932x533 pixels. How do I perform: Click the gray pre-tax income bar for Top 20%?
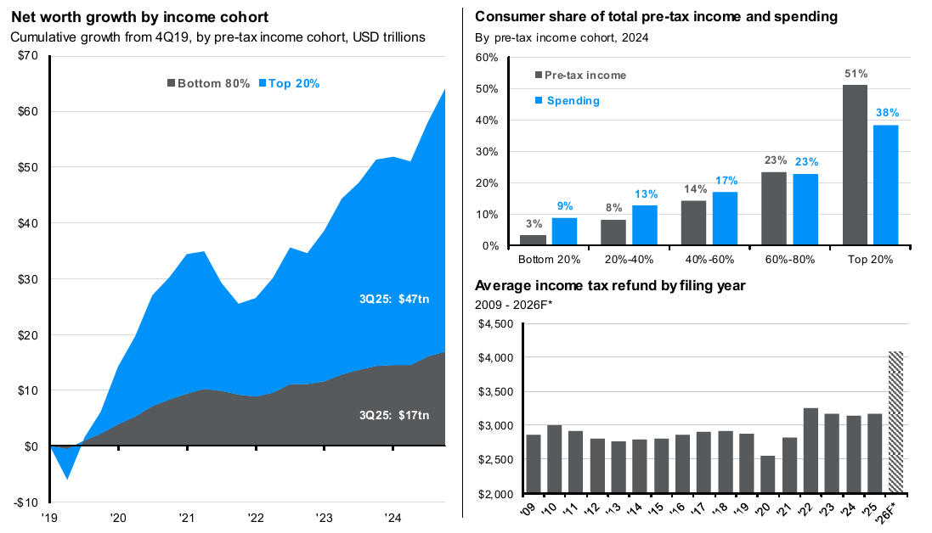pyautogui.click(x=856, y=166)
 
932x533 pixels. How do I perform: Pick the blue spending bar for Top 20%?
pyautogui.click(x=886, y=185)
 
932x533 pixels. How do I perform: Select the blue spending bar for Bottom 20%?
pyautogui.click(x=564, y=232)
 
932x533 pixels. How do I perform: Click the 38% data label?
pyautogui.click(x=887, y=113)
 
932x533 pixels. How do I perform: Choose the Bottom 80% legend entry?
pyautogui.click(x=208, y=83)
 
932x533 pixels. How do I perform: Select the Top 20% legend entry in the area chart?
pyautogui.click(x=288, y=83)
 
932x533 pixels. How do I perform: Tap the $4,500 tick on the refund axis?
pyautogui.click(x=498, y=324)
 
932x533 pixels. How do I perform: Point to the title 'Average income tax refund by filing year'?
pyautogui.click(x=610, y=285)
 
